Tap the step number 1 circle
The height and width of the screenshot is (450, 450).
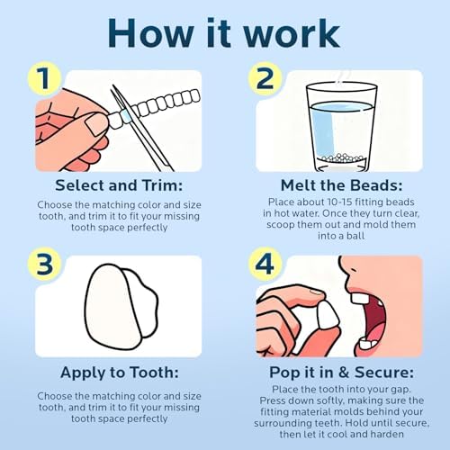(44, 78)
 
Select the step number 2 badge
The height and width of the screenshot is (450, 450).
(265, 78)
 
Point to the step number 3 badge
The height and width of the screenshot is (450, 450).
(44, 264)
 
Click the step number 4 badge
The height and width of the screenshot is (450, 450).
(265, 264)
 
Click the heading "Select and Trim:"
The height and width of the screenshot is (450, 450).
(119, 185)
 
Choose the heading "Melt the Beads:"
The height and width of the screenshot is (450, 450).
(341, 185)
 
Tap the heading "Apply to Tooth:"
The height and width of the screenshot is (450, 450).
(120, 373)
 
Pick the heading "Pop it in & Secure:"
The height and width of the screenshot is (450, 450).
(341, 373)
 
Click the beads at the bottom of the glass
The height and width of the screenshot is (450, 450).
(341, 158)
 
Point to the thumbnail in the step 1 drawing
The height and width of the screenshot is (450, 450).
(95, 123)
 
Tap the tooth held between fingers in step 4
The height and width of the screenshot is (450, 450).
(328, 315)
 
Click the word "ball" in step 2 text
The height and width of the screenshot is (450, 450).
(355, 236)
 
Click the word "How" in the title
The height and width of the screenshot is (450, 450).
(151, 33)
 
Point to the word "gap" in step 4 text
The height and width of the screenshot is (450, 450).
(401, 390)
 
